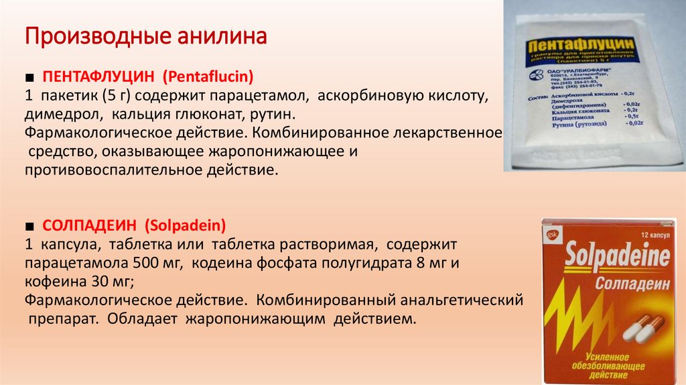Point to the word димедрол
tap(60, 115)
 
